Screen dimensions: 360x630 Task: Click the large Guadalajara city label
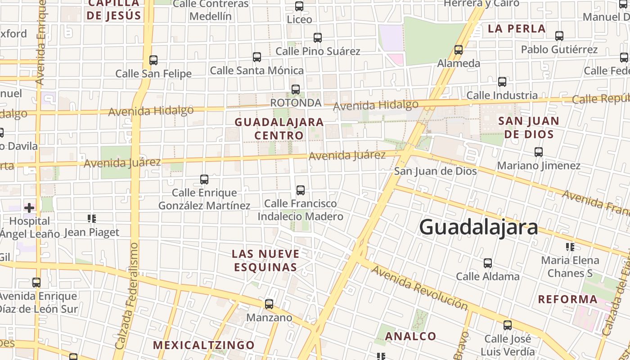(x=478, y=227)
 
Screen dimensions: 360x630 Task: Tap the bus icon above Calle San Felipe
(x=153, y=60)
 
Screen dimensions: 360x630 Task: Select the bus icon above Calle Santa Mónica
(x=257, y=57)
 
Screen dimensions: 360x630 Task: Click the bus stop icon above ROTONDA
(x=296, y=90)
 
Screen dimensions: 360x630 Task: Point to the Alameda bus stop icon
(x=459, y=50)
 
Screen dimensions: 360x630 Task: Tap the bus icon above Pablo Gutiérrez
(x=559, y=36)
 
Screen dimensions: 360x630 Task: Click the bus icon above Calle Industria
(x=502, y=82)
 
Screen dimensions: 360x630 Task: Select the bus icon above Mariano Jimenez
(x=539, y=152)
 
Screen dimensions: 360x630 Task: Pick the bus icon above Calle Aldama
(x=488, y=263)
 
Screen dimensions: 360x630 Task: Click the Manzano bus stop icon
(x=269, y=304)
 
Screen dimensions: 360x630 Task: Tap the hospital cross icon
(x=29, y=207)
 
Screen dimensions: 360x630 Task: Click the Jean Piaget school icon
(x=92, y=219)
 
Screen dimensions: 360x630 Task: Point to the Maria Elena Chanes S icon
(x=570, y=247)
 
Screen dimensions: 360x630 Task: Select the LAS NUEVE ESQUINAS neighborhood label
(x=265, y=260)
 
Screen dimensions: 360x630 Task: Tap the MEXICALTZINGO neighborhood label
(x=204, y=345)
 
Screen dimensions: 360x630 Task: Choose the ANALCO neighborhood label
(x=410, y=336)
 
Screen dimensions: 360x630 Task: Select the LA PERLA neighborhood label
(x=517, y=29)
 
